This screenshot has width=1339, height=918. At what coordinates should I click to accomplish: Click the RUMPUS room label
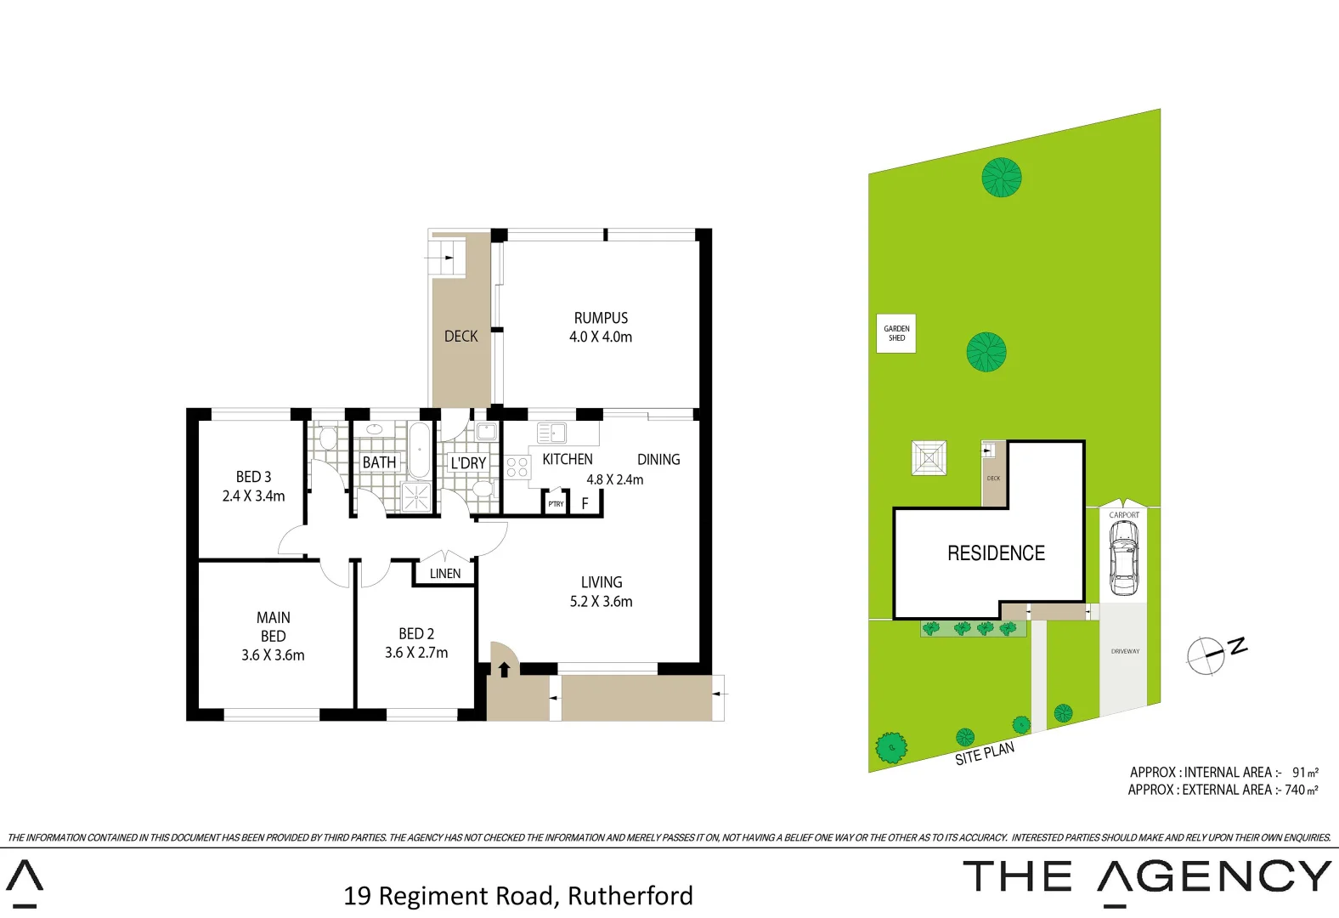[x=601, y=318]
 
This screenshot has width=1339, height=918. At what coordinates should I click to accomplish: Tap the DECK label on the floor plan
[x=460, y=337]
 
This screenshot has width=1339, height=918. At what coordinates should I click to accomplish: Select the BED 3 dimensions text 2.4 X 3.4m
[x=253, y=496]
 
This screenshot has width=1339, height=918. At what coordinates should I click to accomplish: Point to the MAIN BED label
[x=273, y=626]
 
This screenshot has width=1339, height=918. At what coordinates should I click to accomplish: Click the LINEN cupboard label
[x=445, y=574]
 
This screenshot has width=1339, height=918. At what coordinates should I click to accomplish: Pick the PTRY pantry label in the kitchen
[x=556, y=504]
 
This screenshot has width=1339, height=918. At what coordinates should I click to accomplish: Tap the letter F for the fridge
[x=585, y=504]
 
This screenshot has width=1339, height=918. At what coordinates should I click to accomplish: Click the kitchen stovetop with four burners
[x=517, y=467]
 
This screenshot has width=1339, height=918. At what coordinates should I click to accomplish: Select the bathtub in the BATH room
[x=419, y=450]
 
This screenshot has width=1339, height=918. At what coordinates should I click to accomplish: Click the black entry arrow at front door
[x=504, y=669]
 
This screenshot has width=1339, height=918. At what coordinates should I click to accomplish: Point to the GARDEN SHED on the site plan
[x=896, y=333]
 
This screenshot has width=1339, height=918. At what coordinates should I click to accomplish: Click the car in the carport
[x=1123, y=558]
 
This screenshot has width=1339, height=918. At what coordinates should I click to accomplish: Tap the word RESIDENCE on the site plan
[x=996, y=553]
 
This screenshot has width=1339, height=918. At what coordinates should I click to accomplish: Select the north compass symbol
[x=1206, y=655]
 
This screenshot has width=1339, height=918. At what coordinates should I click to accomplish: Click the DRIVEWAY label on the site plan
[x=1125, y=652]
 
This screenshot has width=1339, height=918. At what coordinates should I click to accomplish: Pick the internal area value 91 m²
[x=1305, y=773]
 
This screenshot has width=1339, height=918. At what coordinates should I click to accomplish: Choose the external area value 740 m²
[x=1301, y=790]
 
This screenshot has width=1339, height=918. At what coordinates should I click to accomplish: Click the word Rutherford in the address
[x=630, y=896]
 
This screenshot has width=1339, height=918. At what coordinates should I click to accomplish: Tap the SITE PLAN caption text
[x=985, y=753]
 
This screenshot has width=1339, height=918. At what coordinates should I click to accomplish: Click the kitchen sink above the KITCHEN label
[x=552, y=433]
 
